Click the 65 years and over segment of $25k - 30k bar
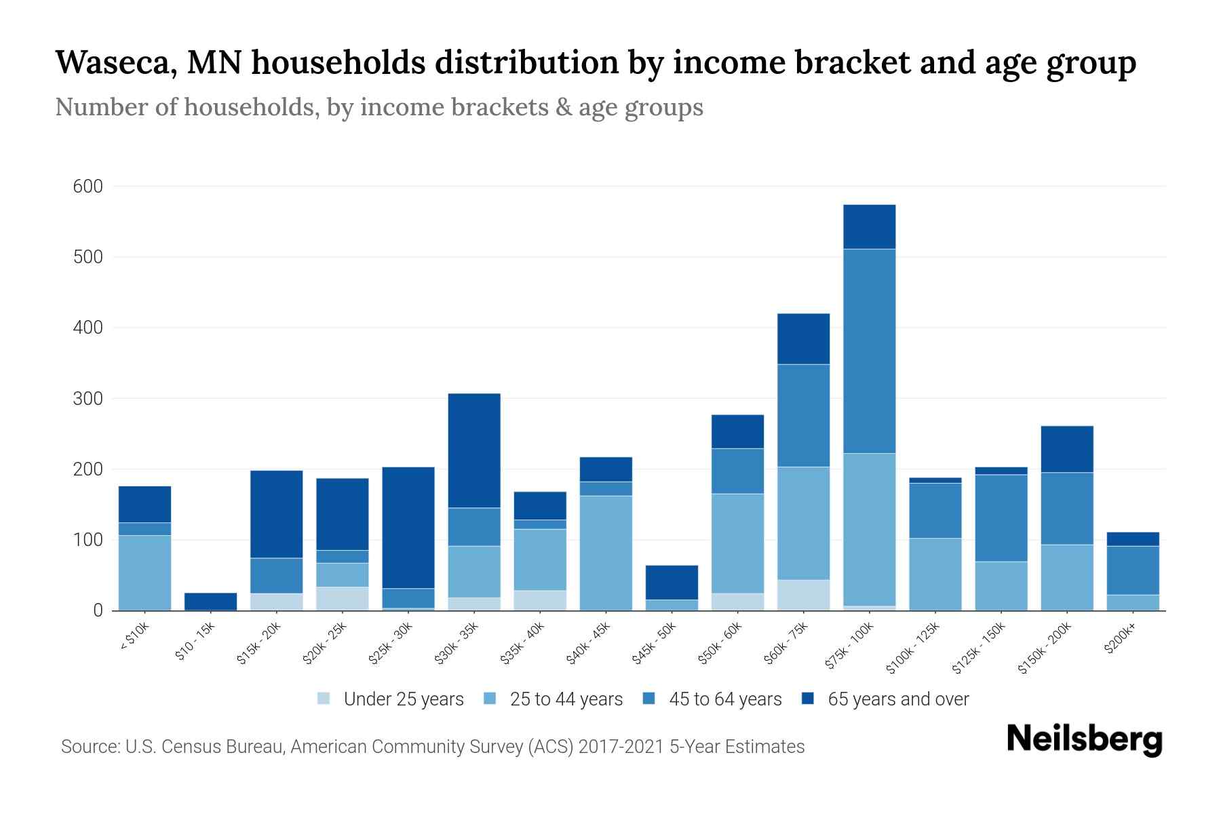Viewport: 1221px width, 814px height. click(408, 527)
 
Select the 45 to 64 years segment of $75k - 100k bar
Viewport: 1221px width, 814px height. click(869, 351)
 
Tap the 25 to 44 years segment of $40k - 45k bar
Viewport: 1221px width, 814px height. click(606, 553)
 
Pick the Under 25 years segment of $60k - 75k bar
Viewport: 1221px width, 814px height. click(803, 595)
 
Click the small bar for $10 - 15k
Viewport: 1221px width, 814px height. click(210, 601)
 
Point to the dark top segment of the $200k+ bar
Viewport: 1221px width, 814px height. click(1132, 539)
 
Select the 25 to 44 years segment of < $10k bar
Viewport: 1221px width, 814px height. click(144, 573)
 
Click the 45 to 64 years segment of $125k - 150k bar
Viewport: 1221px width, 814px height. click(1001, 518)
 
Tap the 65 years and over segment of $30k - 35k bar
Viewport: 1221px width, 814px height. click(474, 450)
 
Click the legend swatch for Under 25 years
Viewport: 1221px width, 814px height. click(324, 699)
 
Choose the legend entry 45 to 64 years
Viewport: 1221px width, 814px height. click(725, 699)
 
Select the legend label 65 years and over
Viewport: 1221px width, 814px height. click(898, 699)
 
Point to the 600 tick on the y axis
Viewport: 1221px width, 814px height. click(88, 187)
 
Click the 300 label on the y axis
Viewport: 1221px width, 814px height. click(88, 399)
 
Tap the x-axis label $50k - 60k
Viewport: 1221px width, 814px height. click(720, 644)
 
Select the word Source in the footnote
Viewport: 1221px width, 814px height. click(89, 747)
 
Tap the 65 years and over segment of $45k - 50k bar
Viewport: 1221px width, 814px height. click(672, 582)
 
